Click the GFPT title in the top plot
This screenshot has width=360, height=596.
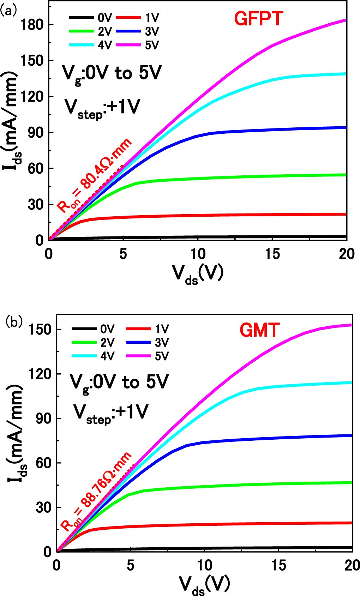pos(258,19)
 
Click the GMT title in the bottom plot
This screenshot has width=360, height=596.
pos(259,331)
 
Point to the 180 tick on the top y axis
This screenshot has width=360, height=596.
pos(32,25)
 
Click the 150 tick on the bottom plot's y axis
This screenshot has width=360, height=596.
pos(39,330)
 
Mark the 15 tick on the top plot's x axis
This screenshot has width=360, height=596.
pos(272,254)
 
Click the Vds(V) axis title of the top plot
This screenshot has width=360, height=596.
pos(198,273)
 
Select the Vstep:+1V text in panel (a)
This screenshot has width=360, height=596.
pos(102,108)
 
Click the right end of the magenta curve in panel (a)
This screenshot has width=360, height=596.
pos(345,20)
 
